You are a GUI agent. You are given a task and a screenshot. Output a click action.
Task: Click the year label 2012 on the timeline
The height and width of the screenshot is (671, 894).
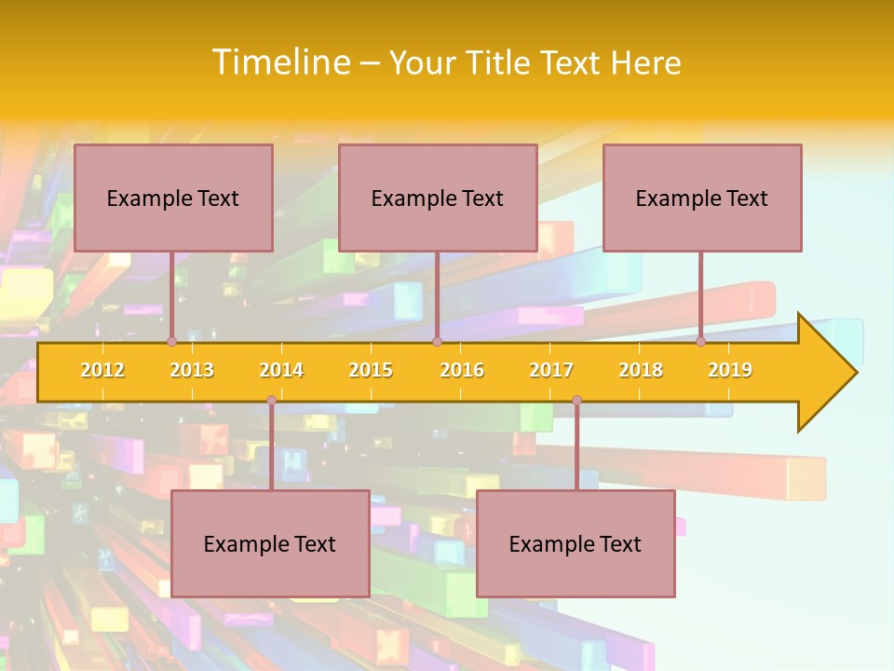click(x=102, y=370)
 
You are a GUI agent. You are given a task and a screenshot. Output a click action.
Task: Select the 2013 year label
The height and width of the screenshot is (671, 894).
click(x=192, y=370)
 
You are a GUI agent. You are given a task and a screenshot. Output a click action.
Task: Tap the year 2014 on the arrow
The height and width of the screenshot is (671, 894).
click(x=281, y=370)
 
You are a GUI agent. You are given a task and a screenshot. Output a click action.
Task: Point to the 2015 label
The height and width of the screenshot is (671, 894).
click(x=371, y=370)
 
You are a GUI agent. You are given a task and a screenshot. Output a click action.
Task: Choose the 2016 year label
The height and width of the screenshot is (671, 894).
click(x=462, y=370)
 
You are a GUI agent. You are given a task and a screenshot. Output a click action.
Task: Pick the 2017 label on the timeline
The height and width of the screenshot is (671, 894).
click(x=551, y=370)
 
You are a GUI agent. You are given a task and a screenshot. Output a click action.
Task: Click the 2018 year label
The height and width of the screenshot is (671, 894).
click(x=641, y=370)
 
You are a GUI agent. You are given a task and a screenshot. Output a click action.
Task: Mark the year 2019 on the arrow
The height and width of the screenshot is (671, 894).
click(x=730, y=370)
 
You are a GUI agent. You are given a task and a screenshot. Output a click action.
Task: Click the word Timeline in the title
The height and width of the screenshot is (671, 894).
click(x=279, y=62)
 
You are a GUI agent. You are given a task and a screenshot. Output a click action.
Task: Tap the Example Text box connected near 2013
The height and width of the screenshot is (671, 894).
click(x=173, y=198)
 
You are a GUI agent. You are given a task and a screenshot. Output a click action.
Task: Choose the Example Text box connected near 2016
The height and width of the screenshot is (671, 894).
click(x=438, y=198)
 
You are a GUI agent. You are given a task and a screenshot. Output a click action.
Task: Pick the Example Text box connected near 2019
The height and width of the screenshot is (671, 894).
click(x=702, y=198)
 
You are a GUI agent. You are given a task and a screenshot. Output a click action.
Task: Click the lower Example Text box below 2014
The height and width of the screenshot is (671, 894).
click(x=270, y=543)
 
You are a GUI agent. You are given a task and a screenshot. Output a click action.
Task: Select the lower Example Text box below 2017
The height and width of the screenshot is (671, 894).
click(x=576, y=543)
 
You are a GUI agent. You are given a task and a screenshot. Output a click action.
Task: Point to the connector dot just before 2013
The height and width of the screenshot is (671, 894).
click(x=171, y=342)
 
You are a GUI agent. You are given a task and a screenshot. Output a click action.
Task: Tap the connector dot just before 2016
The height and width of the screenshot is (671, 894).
click(x=437, y=342)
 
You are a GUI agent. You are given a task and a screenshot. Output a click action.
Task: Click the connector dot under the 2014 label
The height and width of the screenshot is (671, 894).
click(x=271, y=400)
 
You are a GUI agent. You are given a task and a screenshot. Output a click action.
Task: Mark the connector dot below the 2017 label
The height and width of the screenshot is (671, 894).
click(x=576, y=400)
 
